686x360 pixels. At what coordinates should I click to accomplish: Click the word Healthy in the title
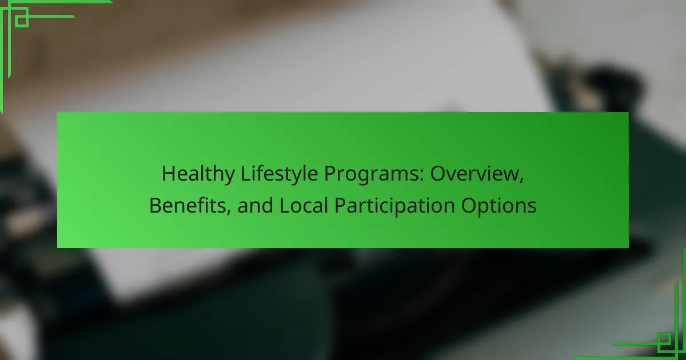(198, 174)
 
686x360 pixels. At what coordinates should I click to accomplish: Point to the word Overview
(477, 174)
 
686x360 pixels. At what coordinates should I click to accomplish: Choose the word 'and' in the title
(255, 205)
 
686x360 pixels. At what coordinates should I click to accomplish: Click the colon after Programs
(422, 177)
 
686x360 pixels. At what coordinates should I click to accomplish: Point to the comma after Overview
(521, 181)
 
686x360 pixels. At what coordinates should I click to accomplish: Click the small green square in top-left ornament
(22, 21)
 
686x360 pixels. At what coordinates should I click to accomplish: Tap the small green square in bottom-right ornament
(664, 339)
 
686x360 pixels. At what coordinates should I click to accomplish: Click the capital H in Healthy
(169, 174)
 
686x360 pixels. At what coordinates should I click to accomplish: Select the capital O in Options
(469, 206)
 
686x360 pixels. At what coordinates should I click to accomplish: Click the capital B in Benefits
(156, 206)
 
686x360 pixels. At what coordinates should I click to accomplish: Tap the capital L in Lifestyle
(246, 174)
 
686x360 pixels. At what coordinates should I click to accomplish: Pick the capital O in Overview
(438, 174)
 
